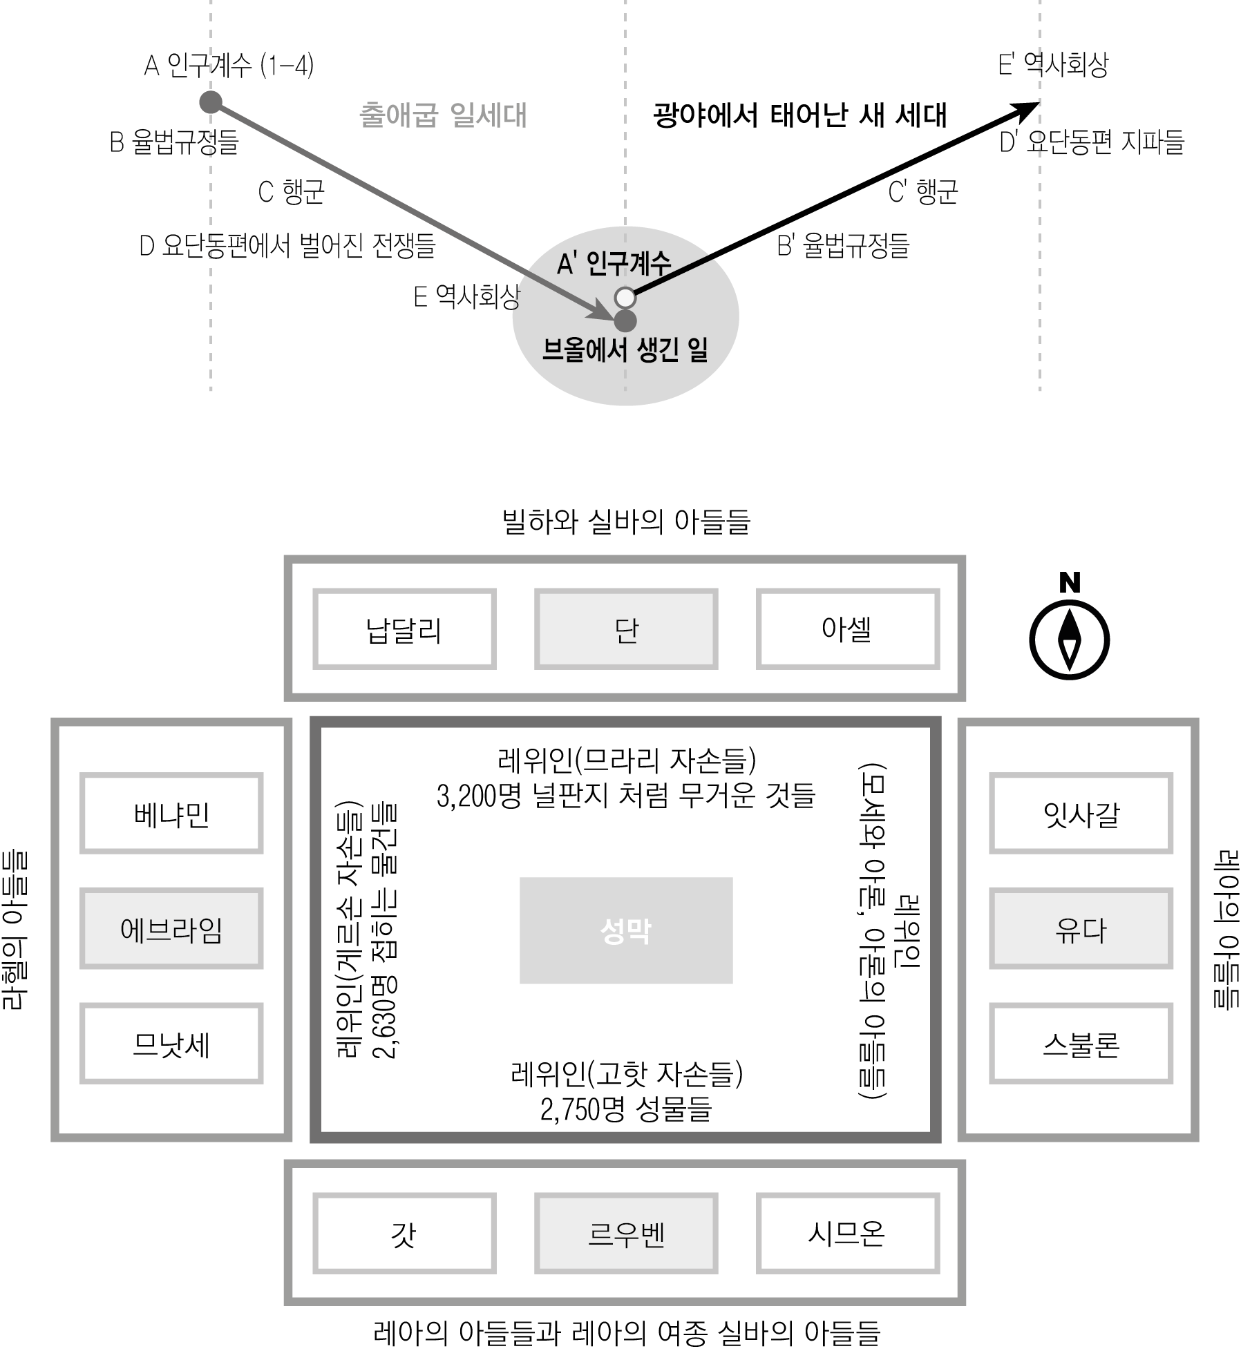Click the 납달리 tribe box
pyautogui.click(x=404, y=629)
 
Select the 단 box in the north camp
pyautogui.click(x=626, y=629)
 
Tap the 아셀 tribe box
pyautogui.click(x=848, y=629)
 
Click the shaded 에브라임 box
pyautogui.click(x=171, y=928)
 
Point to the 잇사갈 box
pyautogui.click(x=1081, y=813)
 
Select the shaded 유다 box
pyautogui.click(x=1081, y=928)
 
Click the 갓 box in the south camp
pyautogui.click(x=404, y=1234)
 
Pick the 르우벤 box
pyautogui.click(x=626, y=1234)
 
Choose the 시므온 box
pyautogui.click(x=848, y=1234)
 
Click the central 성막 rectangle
pyautogui.click(x=626, y=930)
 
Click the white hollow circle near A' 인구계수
pyautogui.click(x=625, y=298)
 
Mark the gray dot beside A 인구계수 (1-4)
pyautogui.click(x=211, y=102)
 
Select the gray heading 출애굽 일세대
pyautogui.click(x=443, y=115)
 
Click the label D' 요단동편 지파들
pyautogui.click(x=1092, y=142)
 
